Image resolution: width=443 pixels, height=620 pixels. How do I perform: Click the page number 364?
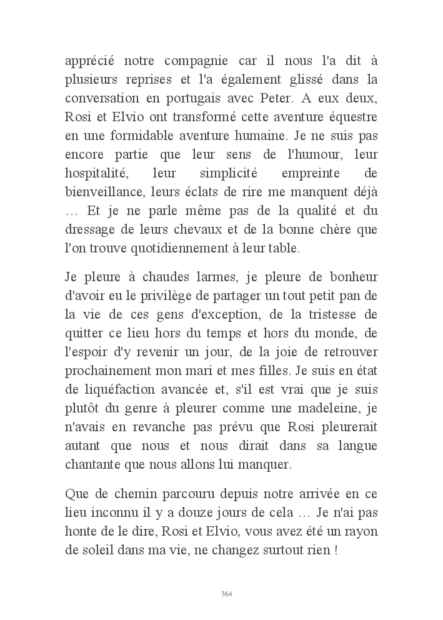(x=227, y=594)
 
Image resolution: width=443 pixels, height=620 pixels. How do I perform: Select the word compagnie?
(x=191, y=62)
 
